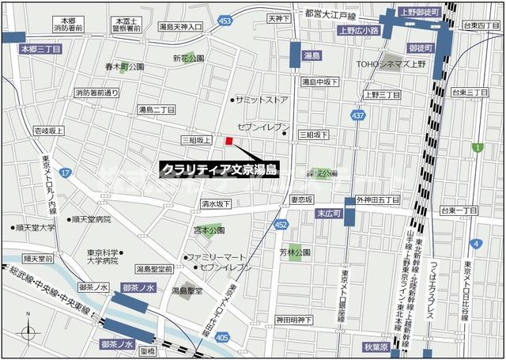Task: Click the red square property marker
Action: pyautogui.click(x=229, y=142)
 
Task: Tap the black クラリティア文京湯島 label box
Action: pyautogui.click(x=220, y=169)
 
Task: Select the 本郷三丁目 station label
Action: pyautogui.click(x=35, y=48)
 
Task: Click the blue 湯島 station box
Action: pyautogui.click(x=311, y=56)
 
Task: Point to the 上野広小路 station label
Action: pyautogui.click(x=358, y=32)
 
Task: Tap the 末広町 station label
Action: pyautogui.click(x=327, y=214)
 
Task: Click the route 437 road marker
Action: pyautogui.click(x=358, y=116)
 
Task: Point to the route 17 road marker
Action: pyautogui.click(x=65, y=172)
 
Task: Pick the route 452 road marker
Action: pyautogui.click(x=281, y=225)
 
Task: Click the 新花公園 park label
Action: pyautogui.click(x=188, y=59)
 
